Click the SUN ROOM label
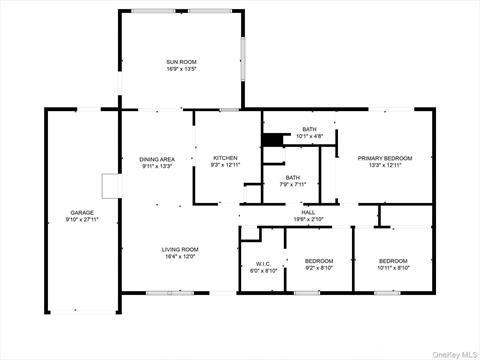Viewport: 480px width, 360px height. click(x=181, y=62)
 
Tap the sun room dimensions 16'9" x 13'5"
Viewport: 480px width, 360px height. click(x=181, y=70)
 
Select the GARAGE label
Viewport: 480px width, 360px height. click(x=81, y=213)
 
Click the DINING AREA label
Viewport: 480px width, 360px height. click(x=157, y=159)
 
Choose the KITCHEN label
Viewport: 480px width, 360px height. click(x=225, y=158)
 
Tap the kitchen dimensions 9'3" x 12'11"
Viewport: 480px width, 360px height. click(x=225, y=166)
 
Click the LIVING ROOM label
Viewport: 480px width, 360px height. click(x=181, y=249)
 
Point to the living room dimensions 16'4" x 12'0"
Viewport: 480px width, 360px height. click(x=181, y=257)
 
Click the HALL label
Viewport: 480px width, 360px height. click(x=308, y=212)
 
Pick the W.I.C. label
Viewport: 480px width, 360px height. click(x=256, y=264)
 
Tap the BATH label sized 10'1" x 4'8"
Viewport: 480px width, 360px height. click(x=309, y=129)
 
